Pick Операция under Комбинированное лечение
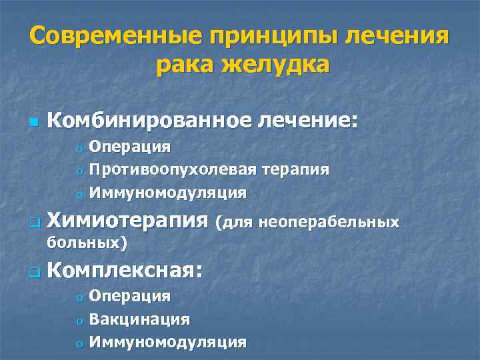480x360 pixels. coord(130,146)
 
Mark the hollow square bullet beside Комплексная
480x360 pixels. coord(34,272)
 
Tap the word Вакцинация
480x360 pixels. coord(139,319)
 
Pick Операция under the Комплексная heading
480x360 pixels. coord(130,295)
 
